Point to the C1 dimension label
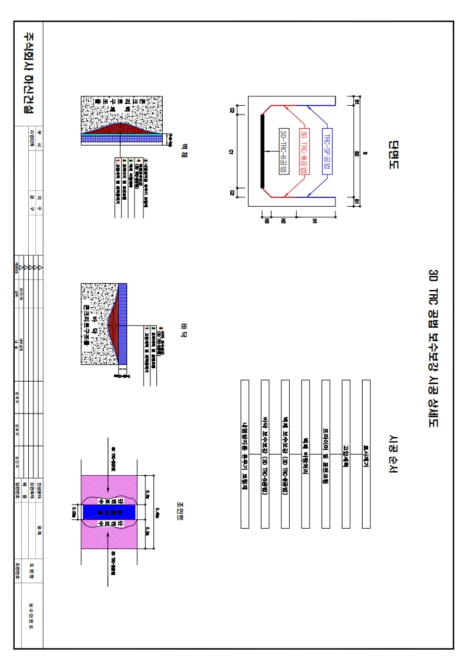coord(232,152)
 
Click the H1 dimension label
coord(315,221)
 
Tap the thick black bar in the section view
coord(262,152)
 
